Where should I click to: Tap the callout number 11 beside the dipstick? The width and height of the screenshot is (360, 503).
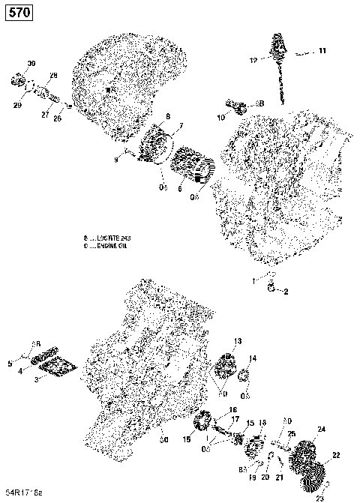pyautogui.click(x=322, y=51)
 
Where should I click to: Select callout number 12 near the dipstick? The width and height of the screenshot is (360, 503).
pyautogui.click(x=253, y=59)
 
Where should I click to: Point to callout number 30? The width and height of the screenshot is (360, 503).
pyautogui.click(x=31, y=61)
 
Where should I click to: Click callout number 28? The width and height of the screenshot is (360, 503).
pyautogui.click(x=53, y=76)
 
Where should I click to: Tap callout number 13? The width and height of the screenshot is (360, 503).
pyautogui.click(x=237, y=341)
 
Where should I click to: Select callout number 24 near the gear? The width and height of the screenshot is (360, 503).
pyautogui.click(x=322, y=429)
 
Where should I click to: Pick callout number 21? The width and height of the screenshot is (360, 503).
pyautogui.click(x=278, y=477)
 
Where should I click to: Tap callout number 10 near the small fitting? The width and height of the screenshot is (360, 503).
pyautogui.click(x=220, y=118)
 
